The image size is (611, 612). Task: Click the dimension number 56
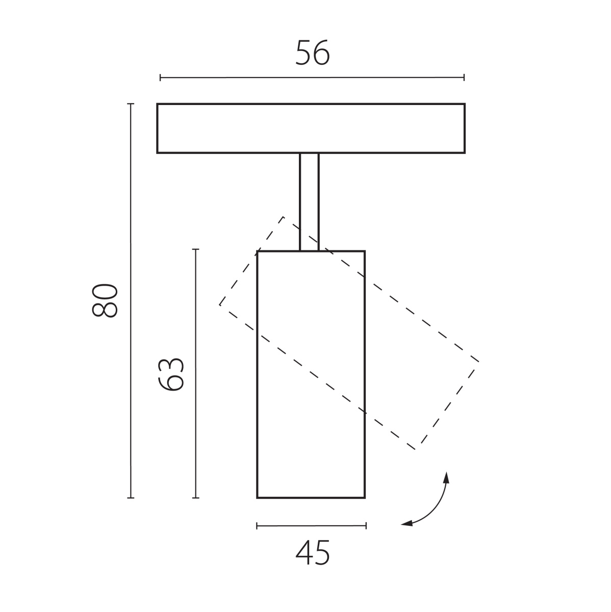(x=313, y=53)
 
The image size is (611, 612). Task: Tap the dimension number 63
(x=171, y=374)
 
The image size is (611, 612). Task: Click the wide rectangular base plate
(x=311, y=129)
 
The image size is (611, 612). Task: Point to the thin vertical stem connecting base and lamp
(x=309, y=202)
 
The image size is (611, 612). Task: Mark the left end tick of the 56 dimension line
(x=160, y=78)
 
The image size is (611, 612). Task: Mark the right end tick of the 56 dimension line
(x=464, y=78)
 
